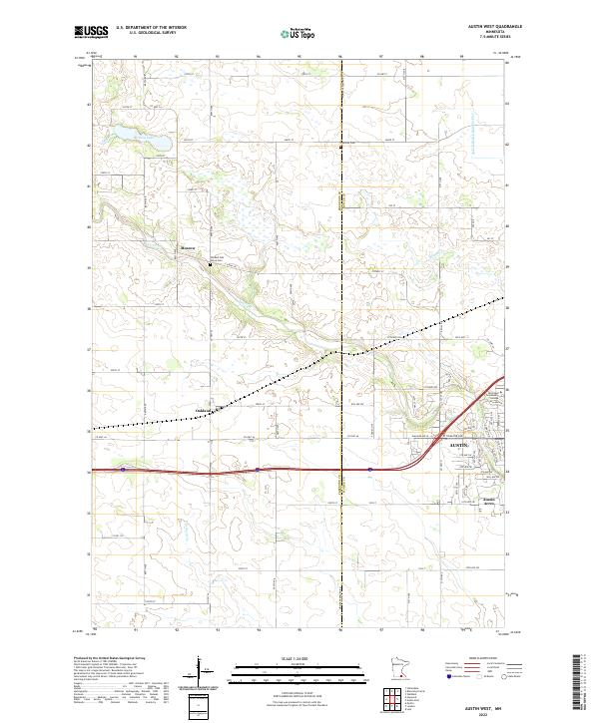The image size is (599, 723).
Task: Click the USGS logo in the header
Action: point(90,33)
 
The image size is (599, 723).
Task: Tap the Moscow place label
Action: point(189,247)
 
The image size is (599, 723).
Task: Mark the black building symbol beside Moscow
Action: point(210,264)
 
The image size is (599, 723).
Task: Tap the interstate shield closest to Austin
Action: point(370,469)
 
